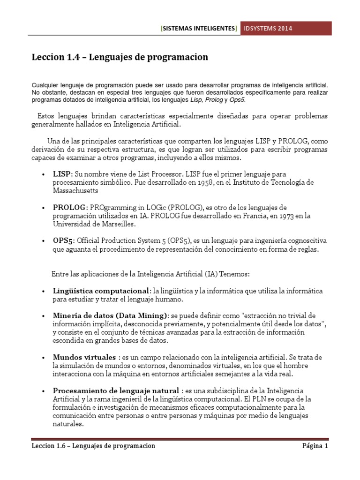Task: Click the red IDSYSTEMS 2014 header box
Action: coord(286,29)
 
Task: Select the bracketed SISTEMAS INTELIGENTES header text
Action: coord(199,29)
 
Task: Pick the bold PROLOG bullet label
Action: coord(69,207)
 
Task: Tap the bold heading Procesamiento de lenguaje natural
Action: coord(115,390)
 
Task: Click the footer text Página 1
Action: coord(314,446)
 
